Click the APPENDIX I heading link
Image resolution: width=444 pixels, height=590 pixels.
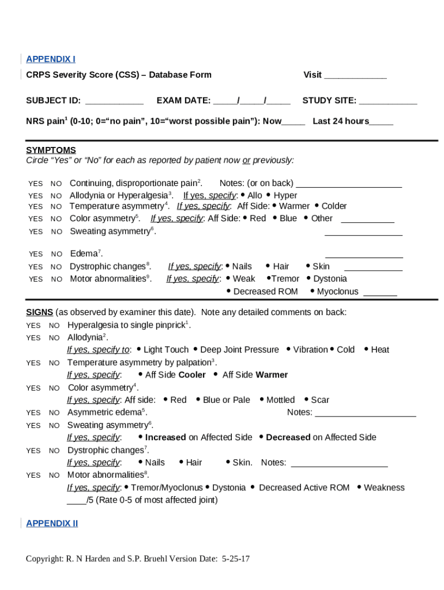pyautogui.click(x=51, y=59)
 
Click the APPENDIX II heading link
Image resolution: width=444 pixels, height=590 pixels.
pyautogui.click(x=52, y=523)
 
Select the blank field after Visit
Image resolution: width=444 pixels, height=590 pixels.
pyautogui.click(x=355, y=75)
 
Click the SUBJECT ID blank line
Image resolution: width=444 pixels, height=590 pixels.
pyautogui.click(x=114, y=101)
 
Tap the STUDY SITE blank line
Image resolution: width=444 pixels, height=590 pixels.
pyautogui.click(x=387, y=101)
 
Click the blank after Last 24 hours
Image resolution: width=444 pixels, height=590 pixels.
pyautogui.click(x=381, y=122)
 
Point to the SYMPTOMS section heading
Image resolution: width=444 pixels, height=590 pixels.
pyautogui.click(x=51, y=150)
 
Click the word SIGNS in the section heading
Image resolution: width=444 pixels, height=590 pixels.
pyautogui.click(x=39, y=312)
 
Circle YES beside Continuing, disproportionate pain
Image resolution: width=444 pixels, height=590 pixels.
pyautogui.click(x=35, y=184)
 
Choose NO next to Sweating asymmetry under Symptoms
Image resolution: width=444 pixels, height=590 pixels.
pyautogui.click(x=57, y=232)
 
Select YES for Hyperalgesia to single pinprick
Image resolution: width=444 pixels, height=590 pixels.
pyautogui.click(x=33, y=326)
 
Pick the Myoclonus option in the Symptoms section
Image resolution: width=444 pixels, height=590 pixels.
pyautogui.click(x=337, y=292)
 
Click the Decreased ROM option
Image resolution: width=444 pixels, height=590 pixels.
pyautogui.click(x=265, y=292)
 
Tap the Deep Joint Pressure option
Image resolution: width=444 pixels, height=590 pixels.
pyautogui.click(x=239, y=350)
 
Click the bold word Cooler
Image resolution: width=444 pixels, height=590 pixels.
pyautogui.click(x=192, y=375)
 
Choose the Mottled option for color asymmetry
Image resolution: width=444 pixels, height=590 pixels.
pyautogui.click(x=280, y=400)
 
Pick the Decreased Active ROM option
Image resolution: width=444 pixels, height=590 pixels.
pyautogui.click(x=304, y=487)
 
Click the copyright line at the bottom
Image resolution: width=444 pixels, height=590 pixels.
pyautogui.click(x=138, y=559)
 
